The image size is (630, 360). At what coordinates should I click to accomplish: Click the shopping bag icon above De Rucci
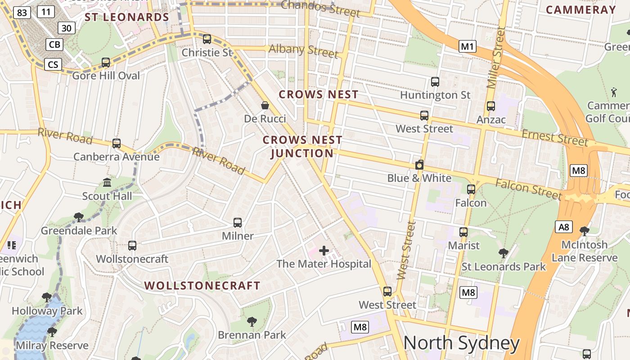[x=265, y=106]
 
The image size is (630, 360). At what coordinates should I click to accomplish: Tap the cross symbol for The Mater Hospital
[x=324, y=251]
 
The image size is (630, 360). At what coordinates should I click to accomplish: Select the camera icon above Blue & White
[x=419, y=165]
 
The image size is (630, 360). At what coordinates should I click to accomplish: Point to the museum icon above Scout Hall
[x=107, y=183]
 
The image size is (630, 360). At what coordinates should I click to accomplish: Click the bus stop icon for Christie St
[x=207, y=39]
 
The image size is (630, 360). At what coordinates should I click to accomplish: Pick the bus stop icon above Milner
[x=238, y=222]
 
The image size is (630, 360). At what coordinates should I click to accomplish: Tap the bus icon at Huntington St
[x=435, y=82]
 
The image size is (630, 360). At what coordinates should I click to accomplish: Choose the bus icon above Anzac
[x=491, y=106]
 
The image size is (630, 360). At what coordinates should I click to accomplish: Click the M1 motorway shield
[x=468, y=46]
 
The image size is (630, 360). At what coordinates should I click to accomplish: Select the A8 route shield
[x=564, y=227]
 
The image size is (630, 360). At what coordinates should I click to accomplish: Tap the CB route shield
[x=54, y=45]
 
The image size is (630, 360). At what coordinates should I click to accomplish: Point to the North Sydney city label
[x=462, y=343]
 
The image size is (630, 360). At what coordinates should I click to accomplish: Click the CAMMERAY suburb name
[x=580, y=10]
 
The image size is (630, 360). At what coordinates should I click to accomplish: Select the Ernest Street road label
[x=555, y=138]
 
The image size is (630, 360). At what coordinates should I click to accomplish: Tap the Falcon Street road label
[x=529, y=189]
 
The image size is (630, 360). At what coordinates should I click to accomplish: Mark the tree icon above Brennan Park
[x=252, y=321]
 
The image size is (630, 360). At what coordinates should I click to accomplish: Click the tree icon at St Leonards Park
[x=504, y=253]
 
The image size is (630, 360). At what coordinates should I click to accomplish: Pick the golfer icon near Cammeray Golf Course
[x=614, y=92]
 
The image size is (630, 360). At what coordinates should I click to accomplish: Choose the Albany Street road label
[x=303, y=50]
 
